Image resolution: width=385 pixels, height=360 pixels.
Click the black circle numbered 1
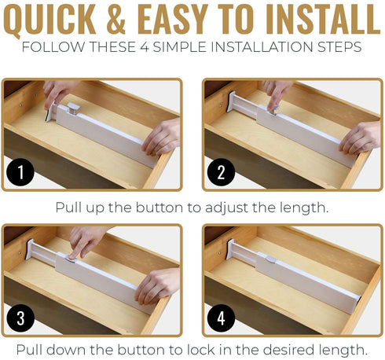[x=20, y=172]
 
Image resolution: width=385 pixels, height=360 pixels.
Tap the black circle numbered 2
[x=221, y=172]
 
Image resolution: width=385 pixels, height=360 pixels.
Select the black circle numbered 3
[x=20, y=318]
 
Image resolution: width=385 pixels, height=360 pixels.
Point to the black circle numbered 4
[x=221, y=318]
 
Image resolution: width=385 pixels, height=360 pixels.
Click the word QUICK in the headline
[x=49, y=20]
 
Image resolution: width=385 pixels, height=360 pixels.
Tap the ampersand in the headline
[x=116, y=19]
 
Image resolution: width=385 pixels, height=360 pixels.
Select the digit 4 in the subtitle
[x=144, y=47]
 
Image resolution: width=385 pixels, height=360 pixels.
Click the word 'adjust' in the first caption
[x=226, y=208]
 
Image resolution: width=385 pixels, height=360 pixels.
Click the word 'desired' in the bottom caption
[x=288, y=350]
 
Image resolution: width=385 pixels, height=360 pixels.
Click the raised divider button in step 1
[x=72, y=108]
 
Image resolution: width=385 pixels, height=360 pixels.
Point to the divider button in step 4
[x=271, y=260]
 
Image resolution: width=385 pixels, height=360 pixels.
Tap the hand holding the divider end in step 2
[x=360, y=138]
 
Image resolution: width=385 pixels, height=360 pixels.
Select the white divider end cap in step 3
[x=30, y=249]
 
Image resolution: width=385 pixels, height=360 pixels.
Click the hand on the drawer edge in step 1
[x=161, y=137]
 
